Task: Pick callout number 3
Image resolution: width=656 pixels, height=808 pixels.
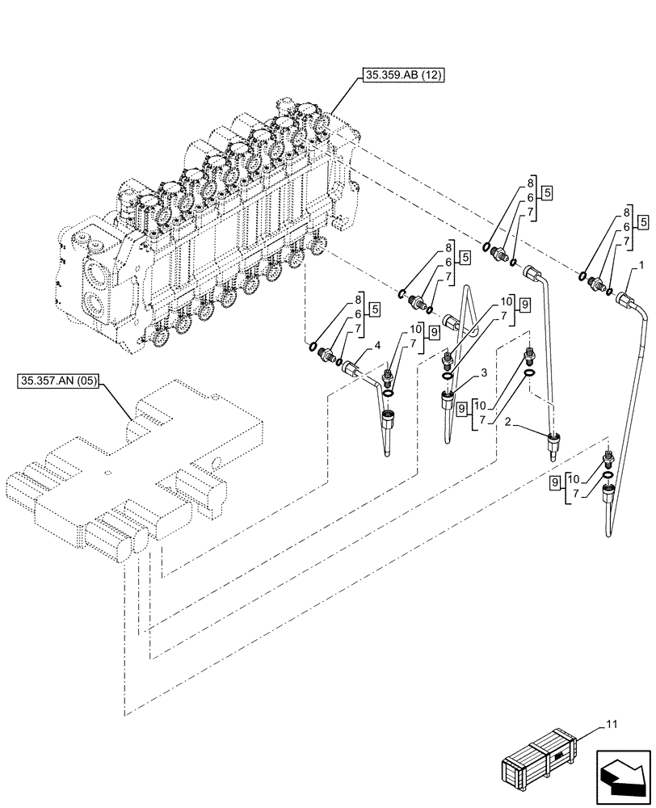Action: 483,372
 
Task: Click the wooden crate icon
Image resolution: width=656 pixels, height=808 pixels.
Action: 538,758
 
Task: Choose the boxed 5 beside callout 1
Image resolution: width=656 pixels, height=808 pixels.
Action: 642,221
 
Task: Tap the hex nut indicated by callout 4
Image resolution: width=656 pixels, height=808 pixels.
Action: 351,369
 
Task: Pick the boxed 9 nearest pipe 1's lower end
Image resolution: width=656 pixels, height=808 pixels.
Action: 555,482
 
